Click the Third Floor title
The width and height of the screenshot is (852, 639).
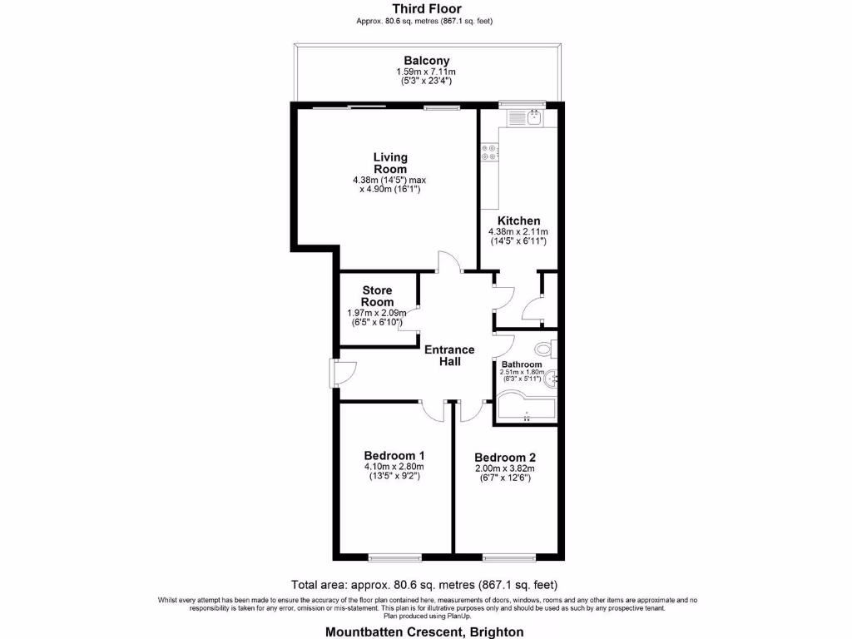click(x=426, y=9)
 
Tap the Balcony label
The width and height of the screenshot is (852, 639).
click(x=426, y=61)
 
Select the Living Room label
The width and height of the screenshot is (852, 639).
click(x=390, y=163)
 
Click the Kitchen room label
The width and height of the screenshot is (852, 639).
click(x=519, y=220)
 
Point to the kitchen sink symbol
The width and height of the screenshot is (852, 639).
click(x=531, y=118)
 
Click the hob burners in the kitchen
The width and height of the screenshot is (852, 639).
click(x=488, y=152)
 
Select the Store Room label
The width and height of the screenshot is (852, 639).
click(x=377, y=296)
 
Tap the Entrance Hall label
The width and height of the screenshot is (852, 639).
click(x=449, y=355)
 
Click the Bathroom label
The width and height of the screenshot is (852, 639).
click(x=522, y=364)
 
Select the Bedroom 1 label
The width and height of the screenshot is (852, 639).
click(x=394, y=456)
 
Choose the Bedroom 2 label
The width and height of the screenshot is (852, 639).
click(x=504, y=458)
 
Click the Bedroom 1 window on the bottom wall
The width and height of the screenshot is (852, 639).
click(x=393, y=557)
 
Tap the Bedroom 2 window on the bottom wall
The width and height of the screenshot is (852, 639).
click(x=506, y=557)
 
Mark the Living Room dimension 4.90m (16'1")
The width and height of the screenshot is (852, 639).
click(x=390, y=190)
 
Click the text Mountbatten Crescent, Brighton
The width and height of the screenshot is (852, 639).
click(x=425, y=632)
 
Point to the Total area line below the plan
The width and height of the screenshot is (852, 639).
click(x=424, y=584)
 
